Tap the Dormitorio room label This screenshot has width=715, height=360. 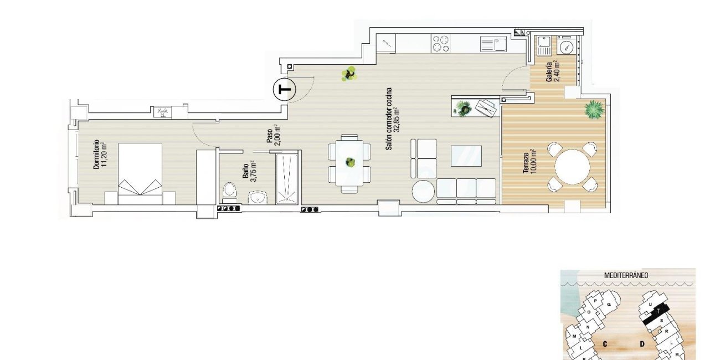99,154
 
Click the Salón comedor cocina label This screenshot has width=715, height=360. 393,119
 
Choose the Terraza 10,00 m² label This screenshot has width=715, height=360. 529,162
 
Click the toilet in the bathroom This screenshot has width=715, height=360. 229,192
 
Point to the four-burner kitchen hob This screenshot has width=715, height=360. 441,43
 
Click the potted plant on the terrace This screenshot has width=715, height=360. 594,109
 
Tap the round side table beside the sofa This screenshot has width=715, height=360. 423,192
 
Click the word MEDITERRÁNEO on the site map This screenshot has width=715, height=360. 626,275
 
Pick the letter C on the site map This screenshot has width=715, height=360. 605,344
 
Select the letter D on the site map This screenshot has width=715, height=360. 642,344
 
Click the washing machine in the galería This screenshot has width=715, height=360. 567,47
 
